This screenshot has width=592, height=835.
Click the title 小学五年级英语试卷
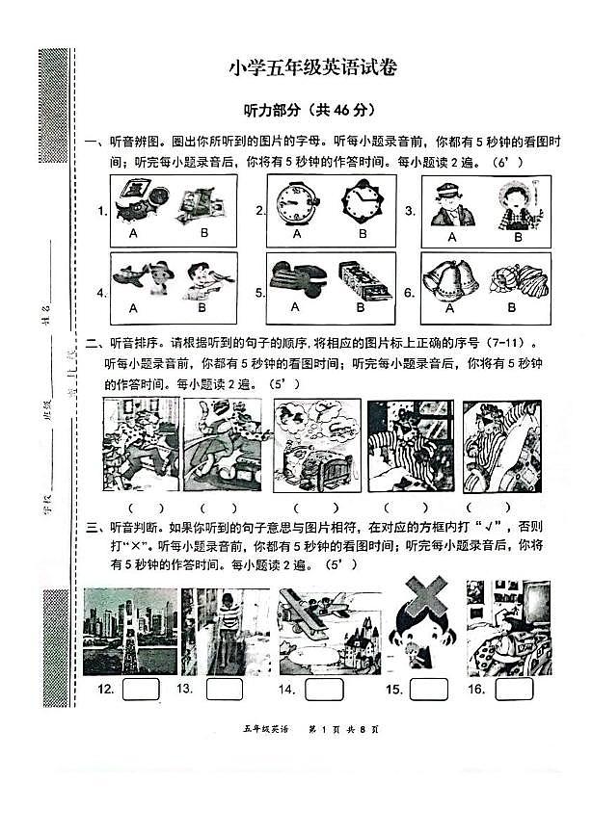[312, 67]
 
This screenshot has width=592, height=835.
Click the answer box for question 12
[140, 690]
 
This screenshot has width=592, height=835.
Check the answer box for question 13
[224, 690]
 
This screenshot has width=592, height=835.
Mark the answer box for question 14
[324, 690]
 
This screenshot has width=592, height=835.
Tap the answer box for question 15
[428, 690]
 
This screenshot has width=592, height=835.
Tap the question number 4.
[100, 292]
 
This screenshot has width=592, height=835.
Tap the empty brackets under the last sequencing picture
[499, 509]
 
